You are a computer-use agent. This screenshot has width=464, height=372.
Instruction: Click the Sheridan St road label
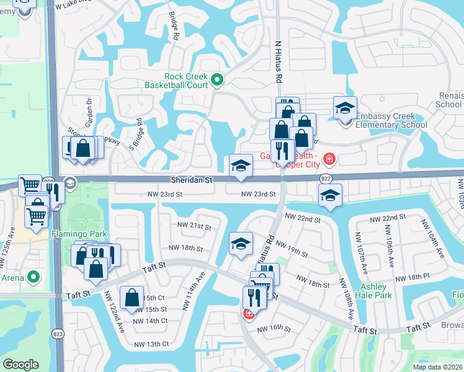pyautogui.click(x=192, y=180)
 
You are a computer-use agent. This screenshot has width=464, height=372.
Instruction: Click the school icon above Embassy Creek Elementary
pyautogui.click(x=345, y=108)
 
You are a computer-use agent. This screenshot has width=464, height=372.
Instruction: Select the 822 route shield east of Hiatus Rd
pyautogui.click(x=326, y=179)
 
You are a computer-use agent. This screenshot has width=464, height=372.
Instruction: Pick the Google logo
pyautogui.click(x=20, y=364)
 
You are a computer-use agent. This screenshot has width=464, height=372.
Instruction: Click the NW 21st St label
pyautogui.click(x=194, y=226)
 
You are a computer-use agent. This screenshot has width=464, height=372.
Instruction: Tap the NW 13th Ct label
pyautogui.click(x=151, y=344)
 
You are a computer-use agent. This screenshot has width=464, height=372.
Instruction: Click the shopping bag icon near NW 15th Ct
pyautogui.click(x=133, y=298)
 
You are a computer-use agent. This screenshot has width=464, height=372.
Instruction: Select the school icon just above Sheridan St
pyautogui.click(x=241, y=165)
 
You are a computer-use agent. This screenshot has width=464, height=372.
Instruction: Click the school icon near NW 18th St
pyautogui.click(x=241, y=243)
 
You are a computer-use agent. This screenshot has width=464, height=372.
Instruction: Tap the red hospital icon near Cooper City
pyautogui.click(x=328, y=160)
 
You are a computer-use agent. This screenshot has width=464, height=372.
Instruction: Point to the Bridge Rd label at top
pyautogui.click(x=174, y=28)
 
